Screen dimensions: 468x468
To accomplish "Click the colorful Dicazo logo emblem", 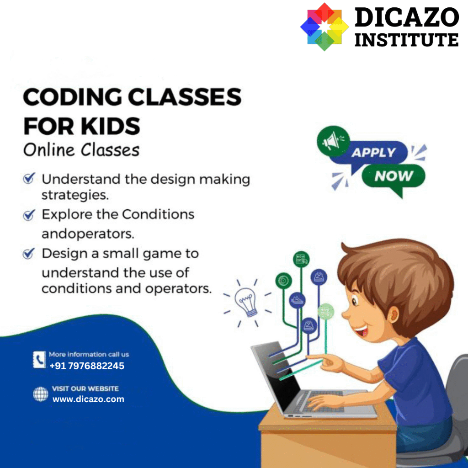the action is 324,27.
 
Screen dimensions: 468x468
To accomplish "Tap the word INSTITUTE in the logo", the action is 406,40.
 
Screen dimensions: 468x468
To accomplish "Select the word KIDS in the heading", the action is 111,126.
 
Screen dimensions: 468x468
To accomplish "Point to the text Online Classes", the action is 81,149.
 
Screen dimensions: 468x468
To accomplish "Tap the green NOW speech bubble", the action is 394,176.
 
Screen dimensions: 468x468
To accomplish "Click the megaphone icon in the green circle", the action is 332,141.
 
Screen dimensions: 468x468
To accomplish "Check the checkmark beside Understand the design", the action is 29,178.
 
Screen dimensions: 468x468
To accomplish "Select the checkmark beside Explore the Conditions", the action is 29,215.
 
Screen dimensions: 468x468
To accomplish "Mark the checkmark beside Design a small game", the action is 29,253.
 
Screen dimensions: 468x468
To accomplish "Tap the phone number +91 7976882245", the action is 87,366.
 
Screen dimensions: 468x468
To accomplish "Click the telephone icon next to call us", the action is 39,359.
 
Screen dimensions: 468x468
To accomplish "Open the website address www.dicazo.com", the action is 88,399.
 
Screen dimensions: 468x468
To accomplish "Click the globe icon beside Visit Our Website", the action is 41,394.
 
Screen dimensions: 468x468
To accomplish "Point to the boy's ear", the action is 393,316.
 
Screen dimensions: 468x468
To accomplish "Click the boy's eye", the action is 354,301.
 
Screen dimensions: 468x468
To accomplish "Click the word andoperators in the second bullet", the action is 88,234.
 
